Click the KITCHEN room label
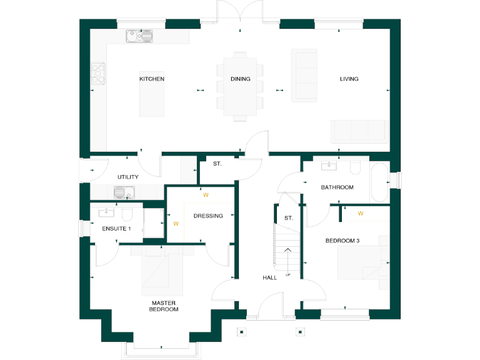pos(152,79)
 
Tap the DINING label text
pos(240,79)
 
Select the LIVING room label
pos(349,79)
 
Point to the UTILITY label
pos(127,177)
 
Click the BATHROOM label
pos(337,187)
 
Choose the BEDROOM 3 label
pos(342,240)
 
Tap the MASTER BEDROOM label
pos(164,306)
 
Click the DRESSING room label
pos(208,216)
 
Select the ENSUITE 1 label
pos(116,229)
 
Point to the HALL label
pos(269,277)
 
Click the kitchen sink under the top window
pos(139,36)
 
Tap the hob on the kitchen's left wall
pos(98,74)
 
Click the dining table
pos(240,87)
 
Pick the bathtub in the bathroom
pos(379,182)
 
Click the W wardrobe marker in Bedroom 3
pos(361,214)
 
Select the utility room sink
pos(124,192)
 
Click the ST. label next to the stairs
pos(288,218)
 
